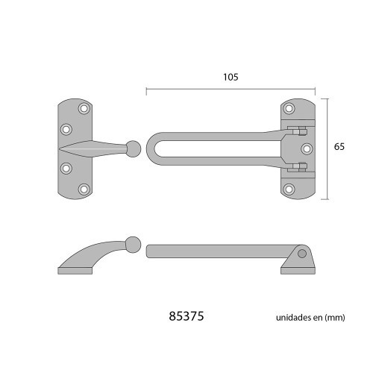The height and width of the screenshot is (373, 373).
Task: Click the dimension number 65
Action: pyautogui.click(x=339, y=147)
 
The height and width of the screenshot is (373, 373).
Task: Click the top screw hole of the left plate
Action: pyautogui.click(x=84, y=110)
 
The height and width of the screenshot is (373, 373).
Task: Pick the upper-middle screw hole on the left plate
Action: pyautogui.click(x=66, y=128)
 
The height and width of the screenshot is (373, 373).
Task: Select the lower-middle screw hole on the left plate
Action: pyautogui.click(x=66, y=169)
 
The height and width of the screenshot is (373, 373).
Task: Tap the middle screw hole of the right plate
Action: pyautogui.click(x=304, y=148)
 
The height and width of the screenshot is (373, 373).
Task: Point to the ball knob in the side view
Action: pyautogui.click(x=133, y=244)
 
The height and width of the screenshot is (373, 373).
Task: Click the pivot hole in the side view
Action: pyautogui.click(x=301, y=254)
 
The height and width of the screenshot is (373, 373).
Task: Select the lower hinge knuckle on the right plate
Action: pyautogui.click(x=298, y=166)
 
